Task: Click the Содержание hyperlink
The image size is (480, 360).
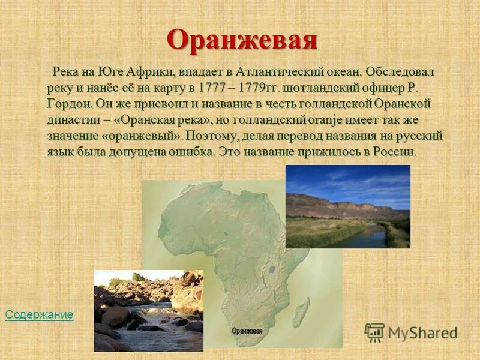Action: [39, 314]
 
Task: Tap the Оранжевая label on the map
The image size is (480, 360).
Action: [247, 330]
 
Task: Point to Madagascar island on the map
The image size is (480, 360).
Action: [301, 312]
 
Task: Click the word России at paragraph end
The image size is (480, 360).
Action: [393, 152]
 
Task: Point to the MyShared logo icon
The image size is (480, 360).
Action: [374, 332]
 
